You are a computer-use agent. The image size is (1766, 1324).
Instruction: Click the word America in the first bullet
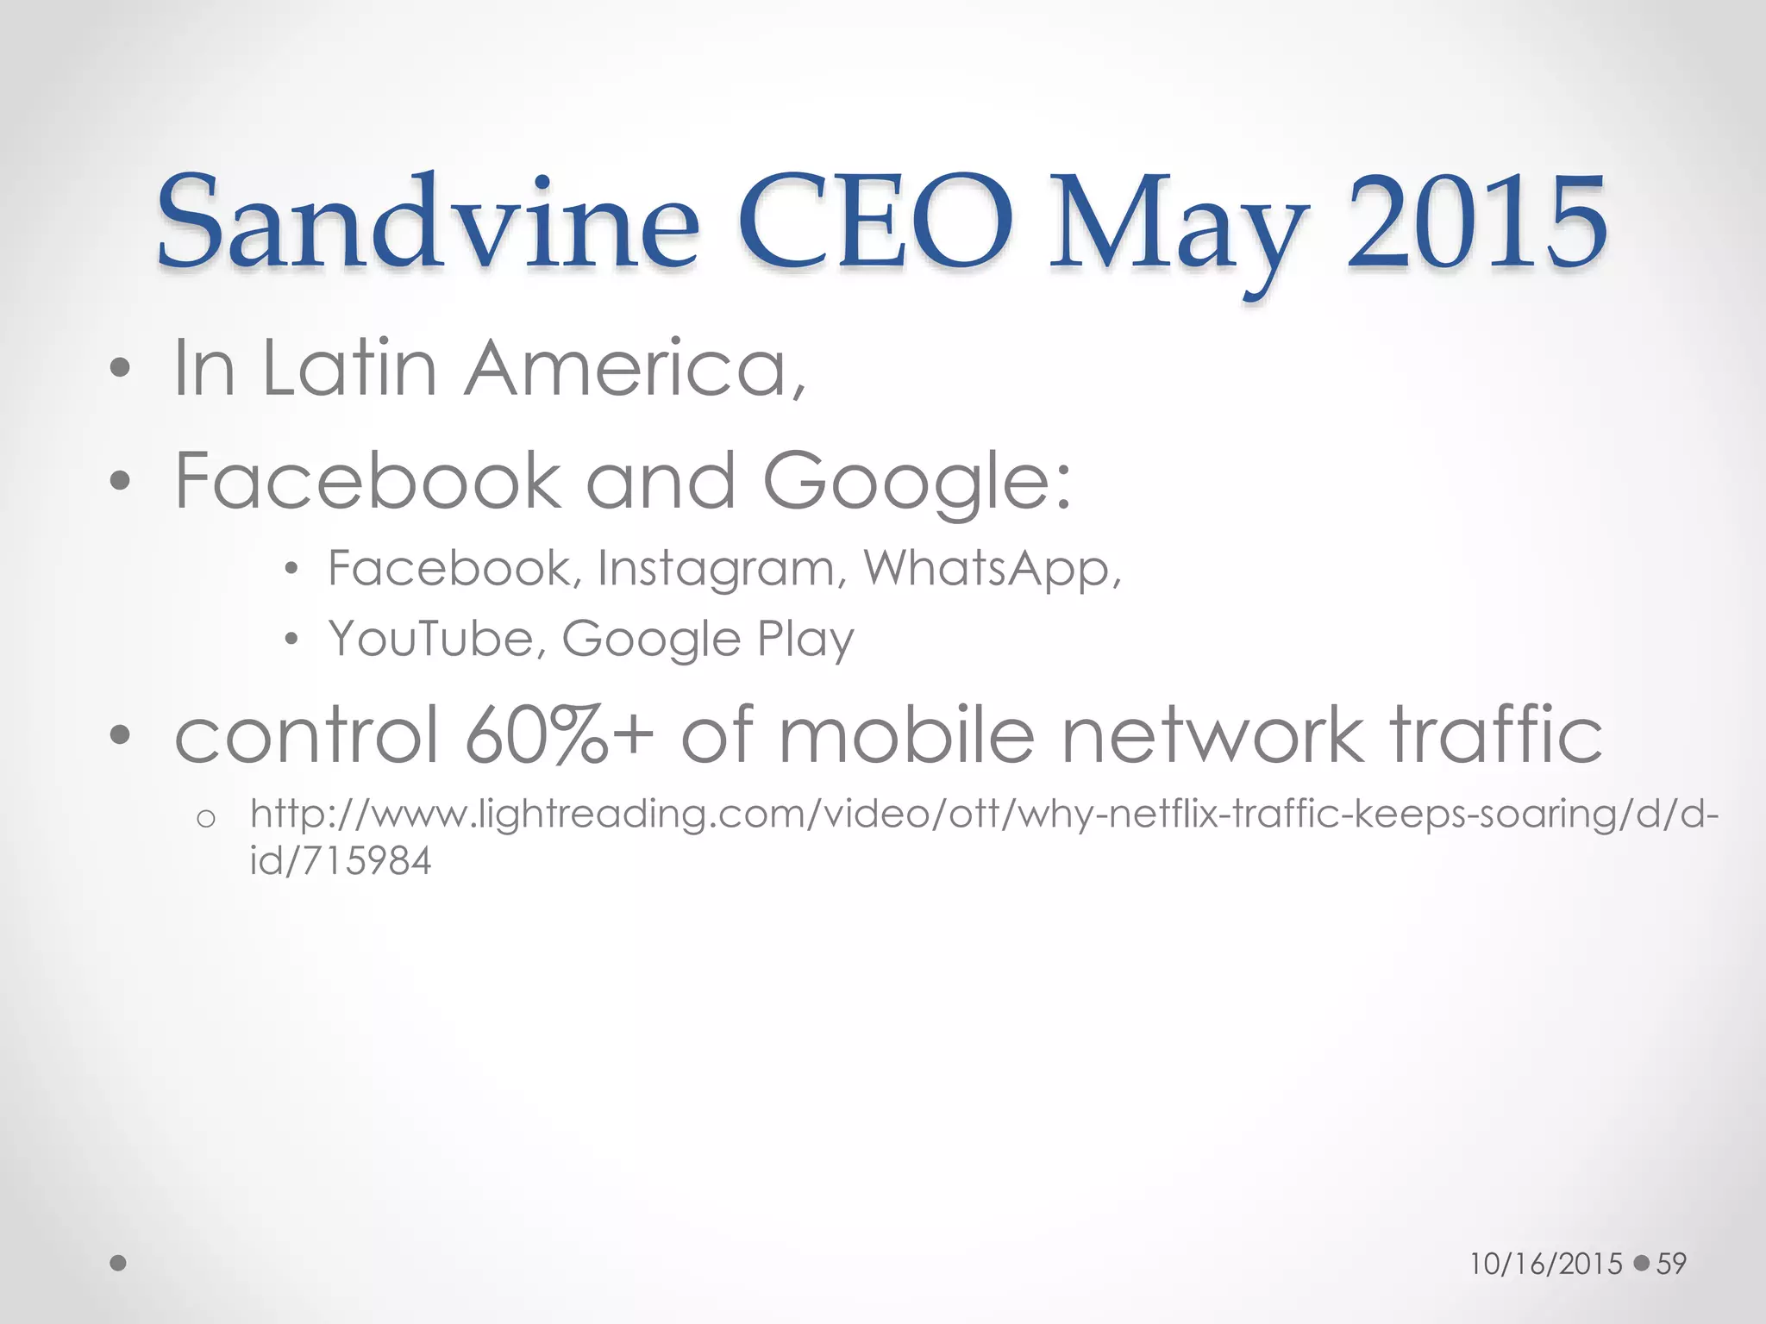coord(636,369)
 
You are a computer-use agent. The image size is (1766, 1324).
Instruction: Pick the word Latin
coord(349,369)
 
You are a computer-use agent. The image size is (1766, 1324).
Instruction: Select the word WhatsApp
coord(992,570)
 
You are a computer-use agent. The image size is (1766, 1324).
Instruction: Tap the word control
coord(306,735)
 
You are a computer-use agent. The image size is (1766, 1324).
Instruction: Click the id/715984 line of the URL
coord(341,861)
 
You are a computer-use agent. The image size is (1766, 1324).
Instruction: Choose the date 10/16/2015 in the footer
coord(1546,1264)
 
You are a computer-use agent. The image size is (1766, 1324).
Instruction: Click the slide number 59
coord(1671,1264)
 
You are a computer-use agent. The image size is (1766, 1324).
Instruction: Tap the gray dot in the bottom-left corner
coord(119,1263)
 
